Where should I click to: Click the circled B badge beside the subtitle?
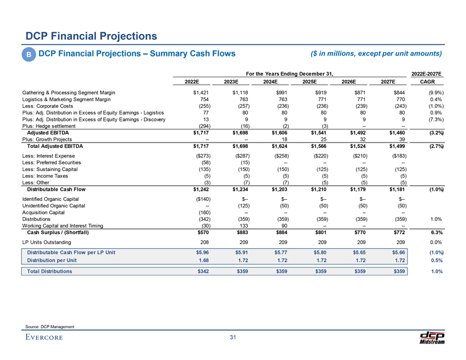click(27, 54)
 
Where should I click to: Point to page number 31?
click(232, 339)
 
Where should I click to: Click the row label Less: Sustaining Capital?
click(51, 169)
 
